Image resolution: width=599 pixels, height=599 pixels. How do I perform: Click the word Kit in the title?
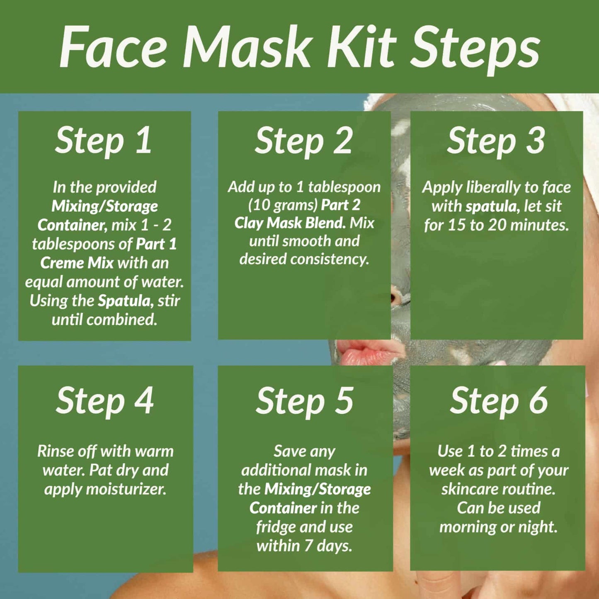(362, 47)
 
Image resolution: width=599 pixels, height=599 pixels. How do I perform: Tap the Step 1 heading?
(103, 141)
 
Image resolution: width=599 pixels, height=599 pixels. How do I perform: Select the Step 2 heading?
(303, 141)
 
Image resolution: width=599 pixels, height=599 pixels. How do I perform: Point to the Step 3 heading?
(496, 141)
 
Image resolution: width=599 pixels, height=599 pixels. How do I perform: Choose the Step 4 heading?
(105, 401)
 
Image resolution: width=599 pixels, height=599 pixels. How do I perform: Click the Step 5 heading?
(305, 401)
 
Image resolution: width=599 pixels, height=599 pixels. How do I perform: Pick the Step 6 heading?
(499, 401)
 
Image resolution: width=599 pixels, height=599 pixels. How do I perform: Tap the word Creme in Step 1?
(61, 263)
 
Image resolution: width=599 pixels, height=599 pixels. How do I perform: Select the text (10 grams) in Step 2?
(283, 205)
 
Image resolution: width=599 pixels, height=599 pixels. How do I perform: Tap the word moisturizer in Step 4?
(126, 489)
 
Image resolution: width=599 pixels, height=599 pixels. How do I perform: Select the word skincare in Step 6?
(467, 489)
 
